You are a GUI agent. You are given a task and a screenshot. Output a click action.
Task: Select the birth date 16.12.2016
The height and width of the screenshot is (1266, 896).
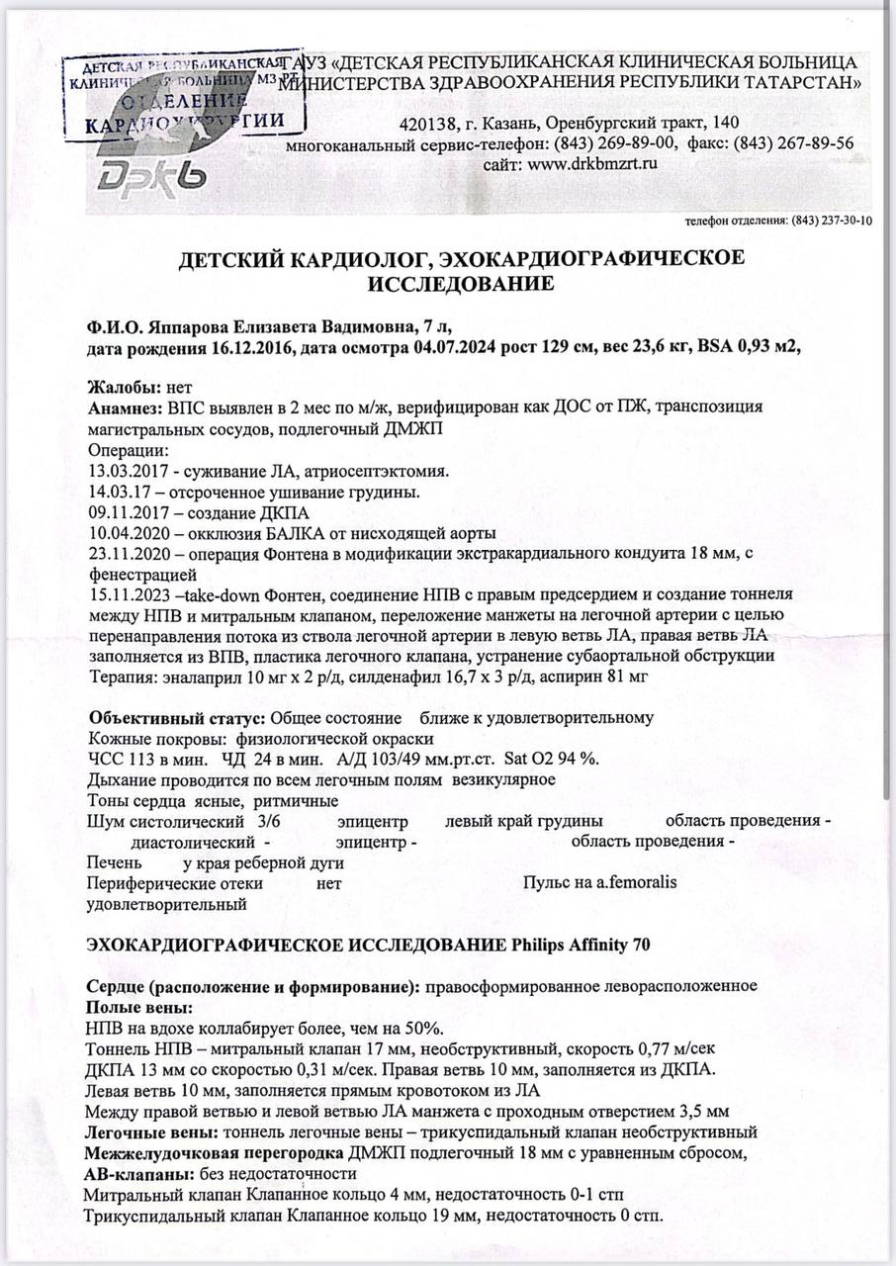[x=253, y=350]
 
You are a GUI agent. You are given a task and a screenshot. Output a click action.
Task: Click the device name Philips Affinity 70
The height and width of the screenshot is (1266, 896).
[x=582, y=944]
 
